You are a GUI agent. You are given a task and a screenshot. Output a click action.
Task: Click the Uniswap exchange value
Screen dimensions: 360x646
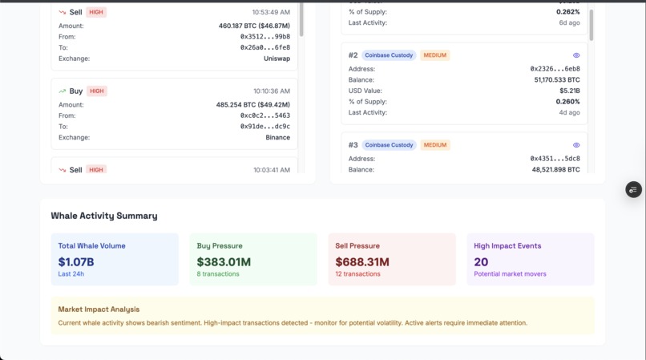pos(277,59)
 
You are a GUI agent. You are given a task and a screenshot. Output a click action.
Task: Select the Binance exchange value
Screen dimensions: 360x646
pos(277,137)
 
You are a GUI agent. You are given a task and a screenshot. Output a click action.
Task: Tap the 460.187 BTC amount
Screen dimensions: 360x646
pos(254,26)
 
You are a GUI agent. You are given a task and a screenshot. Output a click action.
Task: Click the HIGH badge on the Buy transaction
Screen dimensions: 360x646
pos(97,91)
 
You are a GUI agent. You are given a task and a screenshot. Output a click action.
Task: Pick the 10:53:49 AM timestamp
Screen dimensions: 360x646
pos(271,13)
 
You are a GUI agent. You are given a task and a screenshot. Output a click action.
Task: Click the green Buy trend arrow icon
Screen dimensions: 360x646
pos(63,91)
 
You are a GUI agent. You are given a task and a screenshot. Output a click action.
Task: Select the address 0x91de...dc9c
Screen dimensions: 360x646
pos(265,127)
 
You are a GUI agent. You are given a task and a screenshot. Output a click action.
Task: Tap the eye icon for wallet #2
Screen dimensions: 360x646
pos(576,55)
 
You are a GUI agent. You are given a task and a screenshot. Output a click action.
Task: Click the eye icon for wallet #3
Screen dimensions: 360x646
pos(576,145)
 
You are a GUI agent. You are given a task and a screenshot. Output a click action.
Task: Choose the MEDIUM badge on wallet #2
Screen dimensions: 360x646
pos(435,55)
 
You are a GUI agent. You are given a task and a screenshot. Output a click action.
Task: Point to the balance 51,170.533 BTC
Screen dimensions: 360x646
pos(556,80)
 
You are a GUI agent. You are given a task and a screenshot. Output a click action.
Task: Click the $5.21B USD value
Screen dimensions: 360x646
pos(569,91)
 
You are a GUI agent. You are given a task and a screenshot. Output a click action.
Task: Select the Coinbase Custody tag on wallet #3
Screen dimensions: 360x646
pos(389,145)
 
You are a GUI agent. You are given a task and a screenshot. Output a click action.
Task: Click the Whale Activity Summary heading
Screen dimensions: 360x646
pos(104,216)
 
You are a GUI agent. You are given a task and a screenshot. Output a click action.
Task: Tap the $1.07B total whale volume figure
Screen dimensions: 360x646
pos(76,261)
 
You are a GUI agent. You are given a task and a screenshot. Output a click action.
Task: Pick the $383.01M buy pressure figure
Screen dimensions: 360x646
pos(224,261)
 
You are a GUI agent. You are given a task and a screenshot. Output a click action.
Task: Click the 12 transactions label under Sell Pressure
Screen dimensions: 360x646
pos(357,274)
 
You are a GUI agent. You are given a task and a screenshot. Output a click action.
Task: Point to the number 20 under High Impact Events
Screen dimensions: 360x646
pos(481,261)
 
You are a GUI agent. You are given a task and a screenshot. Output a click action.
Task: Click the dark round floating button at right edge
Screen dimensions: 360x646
pos(633,190)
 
